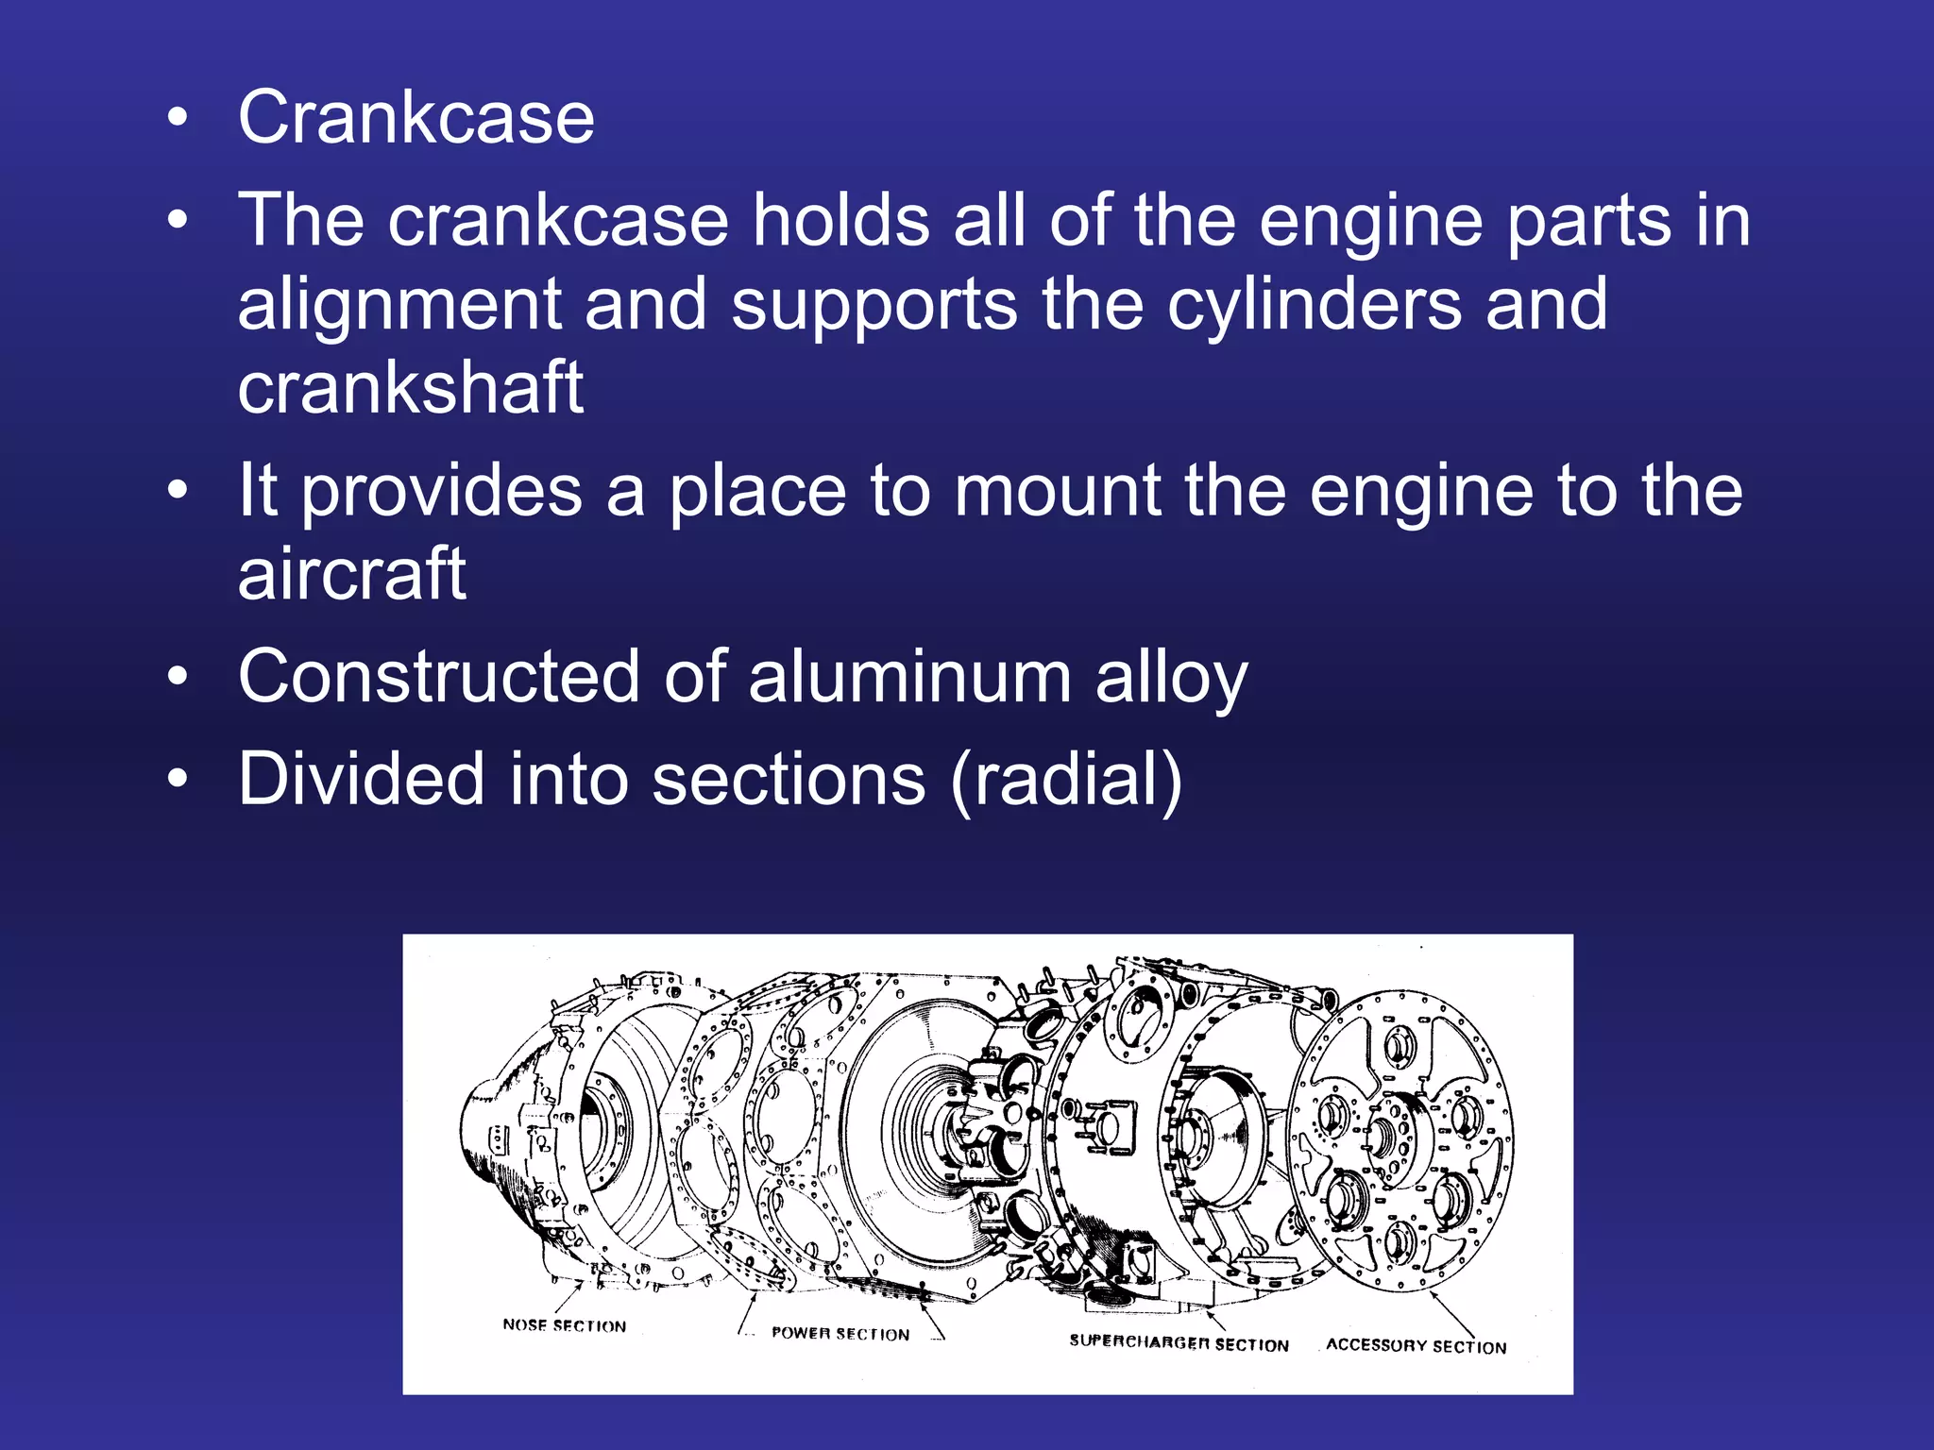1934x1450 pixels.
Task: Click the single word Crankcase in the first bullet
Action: tap(416, 118)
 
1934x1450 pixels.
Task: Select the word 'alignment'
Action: tap(399, 306)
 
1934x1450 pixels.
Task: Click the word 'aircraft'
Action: tap(351, 574)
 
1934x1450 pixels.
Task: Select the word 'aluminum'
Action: tap(909, 677)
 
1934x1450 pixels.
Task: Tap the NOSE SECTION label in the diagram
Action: tap(565, 1325)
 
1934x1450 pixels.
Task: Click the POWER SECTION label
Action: tap(840, 1334)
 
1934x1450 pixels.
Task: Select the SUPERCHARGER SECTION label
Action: tap(1179, 1343)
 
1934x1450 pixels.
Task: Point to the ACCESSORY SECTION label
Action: tap(1416, 1346)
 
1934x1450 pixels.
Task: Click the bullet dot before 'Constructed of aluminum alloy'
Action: tap(178, 678)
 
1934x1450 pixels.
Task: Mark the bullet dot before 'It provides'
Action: tap(178, 492)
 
